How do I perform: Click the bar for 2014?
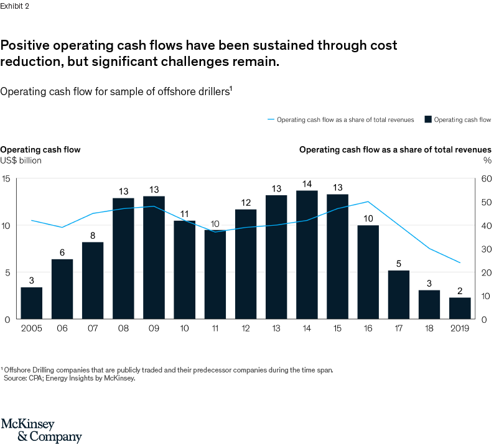(307, 255)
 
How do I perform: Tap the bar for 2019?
(460, 308)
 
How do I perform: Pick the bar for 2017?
(399, 294)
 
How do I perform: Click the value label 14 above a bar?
(307, 183)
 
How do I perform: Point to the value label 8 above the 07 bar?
(93, 235)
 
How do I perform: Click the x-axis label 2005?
(32, 328)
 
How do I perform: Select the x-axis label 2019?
(460, 328)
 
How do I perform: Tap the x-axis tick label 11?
(215, 328)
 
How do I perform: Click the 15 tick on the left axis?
(6, 179)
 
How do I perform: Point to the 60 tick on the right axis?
(487, 179)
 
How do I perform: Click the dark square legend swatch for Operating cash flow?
(429, 119)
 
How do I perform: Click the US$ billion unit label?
(21, 160)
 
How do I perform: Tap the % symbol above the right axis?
(487, 160)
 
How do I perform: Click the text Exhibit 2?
(14, 6)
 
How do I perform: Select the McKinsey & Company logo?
(41, 430)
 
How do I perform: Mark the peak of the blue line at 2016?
(368, 201)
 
